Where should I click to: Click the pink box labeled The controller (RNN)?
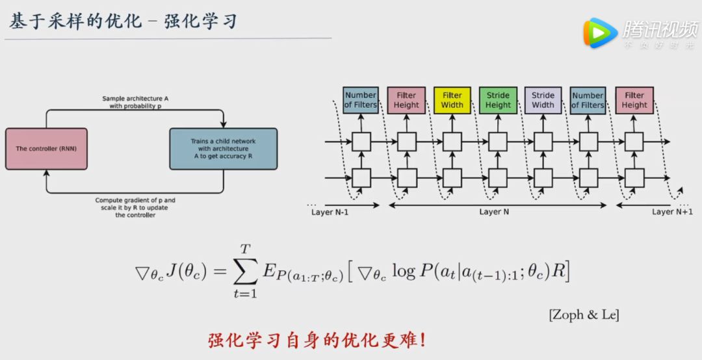(46, 149)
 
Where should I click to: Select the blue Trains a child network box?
(223, 149)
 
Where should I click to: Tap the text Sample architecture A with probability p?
(135, 102)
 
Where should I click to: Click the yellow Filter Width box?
(452, 100)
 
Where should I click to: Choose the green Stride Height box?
(498, 100)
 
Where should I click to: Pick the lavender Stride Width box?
(543, 100)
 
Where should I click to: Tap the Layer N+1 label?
(672, 211)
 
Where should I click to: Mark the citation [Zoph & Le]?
(583, 315)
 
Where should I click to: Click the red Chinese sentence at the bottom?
(317, 340)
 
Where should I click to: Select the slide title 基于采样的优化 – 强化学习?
(123, 21)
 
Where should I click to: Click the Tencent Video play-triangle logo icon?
(599, 33)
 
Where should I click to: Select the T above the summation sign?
(245, 248)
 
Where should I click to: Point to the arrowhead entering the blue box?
(223, 125)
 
